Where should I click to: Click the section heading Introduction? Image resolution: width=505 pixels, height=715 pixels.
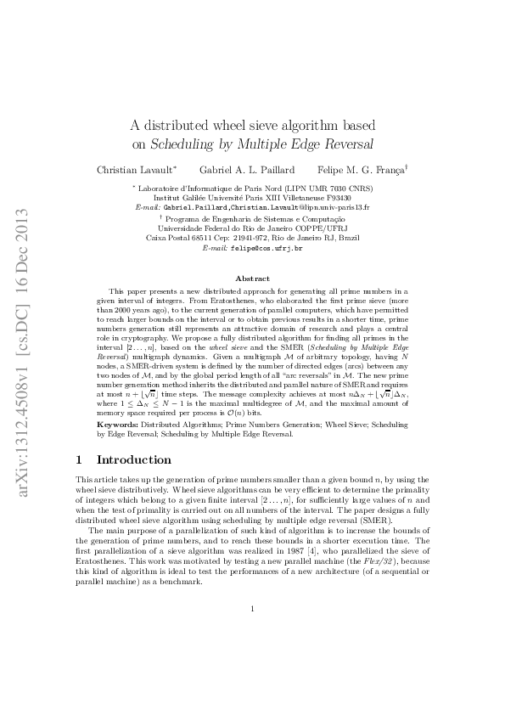(x=134, y=460)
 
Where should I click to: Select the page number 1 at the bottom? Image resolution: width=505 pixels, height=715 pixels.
(x=252, y=656)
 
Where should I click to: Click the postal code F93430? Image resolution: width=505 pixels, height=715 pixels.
(x=352, y=197)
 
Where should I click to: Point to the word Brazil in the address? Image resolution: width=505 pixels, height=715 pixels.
(x=346, y=239)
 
